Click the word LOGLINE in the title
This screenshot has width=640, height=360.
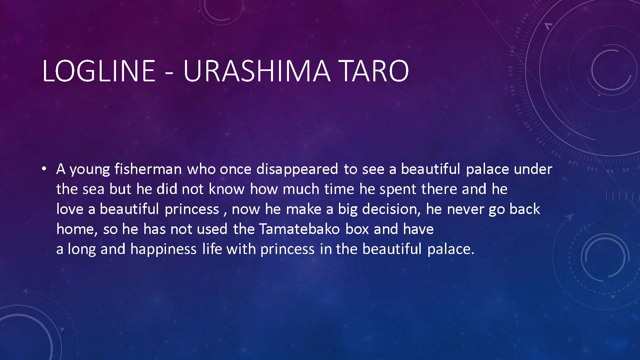coord(99,71)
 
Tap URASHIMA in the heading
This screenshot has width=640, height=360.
coord(257,71)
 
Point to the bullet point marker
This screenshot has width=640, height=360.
coord(44,169)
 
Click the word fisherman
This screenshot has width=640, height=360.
coord(148,169)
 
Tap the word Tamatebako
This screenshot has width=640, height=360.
coord(299,229)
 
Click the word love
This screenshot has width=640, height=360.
coord(70,209)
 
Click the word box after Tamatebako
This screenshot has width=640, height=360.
coord(357,229)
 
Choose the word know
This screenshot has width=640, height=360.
coord(227,189)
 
